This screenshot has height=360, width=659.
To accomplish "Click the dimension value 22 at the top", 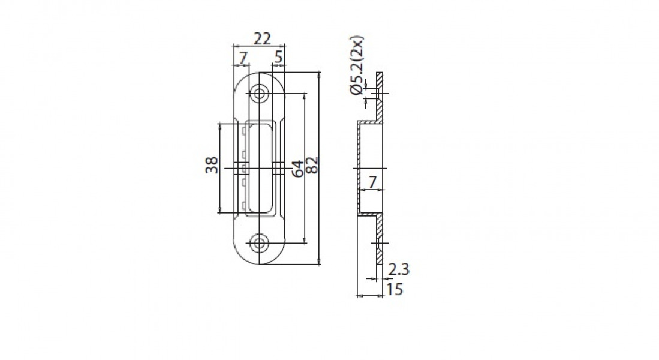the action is tap(262, 38).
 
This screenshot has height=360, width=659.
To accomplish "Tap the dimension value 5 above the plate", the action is tap(278, 57).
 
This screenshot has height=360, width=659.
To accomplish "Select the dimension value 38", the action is tap(212, 165).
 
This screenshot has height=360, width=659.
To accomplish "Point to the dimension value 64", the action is tap(297, 169).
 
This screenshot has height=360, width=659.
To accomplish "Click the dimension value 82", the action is tap(312, 164).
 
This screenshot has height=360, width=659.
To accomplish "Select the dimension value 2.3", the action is tap(398, 269).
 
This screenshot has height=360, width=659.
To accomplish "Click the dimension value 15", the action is tap(395, 289).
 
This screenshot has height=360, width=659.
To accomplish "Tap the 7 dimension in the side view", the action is tap(372, 182).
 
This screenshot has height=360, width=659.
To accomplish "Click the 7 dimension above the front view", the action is tap(243, 58).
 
